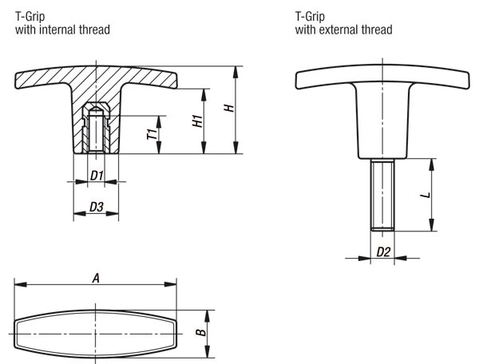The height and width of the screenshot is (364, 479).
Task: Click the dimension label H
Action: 230,109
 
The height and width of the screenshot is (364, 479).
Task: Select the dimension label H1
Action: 198,121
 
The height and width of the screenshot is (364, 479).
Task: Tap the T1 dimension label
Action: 152,134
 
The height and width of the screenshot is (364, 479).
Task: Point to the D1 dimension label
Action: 97,176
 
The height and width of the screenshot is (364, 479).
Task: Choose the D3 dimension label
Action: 97,207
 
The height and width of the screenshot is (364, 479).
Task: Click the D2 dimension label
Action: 383,252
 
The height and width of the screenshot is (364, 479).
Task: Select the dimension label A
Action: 96,279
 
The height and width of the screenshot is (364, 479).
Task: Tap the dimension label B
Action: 201,332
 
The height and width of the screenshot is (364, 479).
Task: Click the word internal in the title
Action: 58,30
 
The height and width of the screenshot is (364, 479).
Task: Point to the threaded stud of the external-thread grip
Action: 382,194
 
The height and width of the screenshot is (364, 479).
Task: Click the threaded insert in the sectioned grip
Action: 97,128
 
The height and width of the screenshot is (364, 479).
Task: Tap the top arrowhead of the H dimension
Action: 236,72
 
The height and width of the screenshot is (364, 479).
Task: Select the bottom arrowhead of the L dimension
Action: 431,225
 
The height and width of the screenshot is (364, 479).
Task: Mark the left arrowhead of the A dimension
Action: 21,285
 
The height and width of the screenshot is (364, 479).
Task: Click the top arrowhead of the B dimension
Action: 207,316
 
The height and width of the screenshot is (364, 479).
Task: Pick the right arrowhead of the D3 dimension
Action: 113,213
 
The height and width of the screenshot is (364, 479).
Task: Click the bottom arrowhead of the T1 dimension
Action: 159,148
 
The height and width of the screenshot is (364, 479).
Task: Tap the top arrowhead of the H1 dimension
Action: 204,95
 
